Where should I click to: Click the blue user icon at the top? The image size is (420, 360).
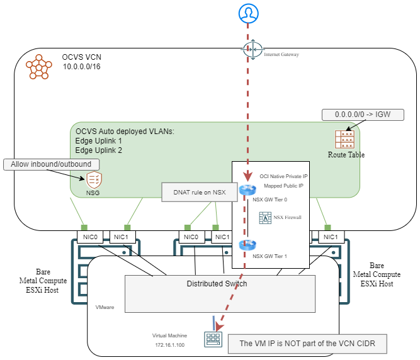coord(247,12)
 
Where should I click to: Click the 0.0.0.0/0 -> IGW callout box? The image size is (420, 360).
coord(362,115)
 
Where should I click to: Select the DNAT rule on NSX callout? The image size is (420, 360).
coord(195,191)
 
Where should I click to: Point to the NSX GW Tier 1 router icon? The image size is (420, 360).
coord(248,246)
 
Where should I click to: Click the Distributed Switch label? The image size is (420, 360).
coord(217,284)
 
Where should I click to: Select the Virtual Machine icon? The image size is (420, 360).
coord(212,339)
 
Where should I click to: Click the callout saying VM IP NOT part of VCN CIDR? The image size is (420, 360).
coord(306,344)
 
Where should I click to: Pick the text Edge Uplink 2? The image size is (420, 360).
coord(99,150)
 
